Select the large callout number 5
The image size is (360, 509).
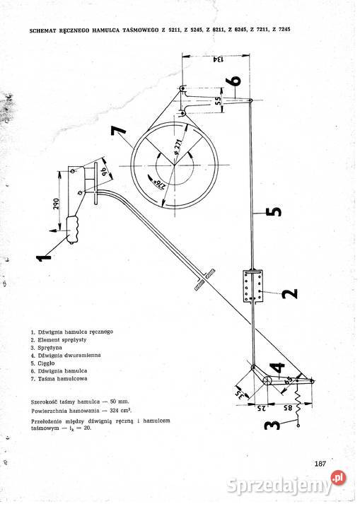coord(274,211)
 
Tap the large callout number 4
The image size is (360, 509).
coord(277,368)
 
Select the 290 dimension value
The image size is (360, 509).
coord(57,204)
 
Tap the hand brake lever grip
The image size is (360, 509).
coord(73,229)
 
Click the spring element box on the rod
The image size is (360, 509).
coord(253,286)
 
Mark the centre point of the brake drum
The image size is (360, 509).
coord(174,166)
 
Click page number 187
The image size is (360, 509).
coord(320,464)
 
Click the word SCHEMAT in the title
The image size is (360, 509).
coord(41,31)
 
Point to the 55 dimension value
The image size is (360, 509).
coord(218,100)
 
